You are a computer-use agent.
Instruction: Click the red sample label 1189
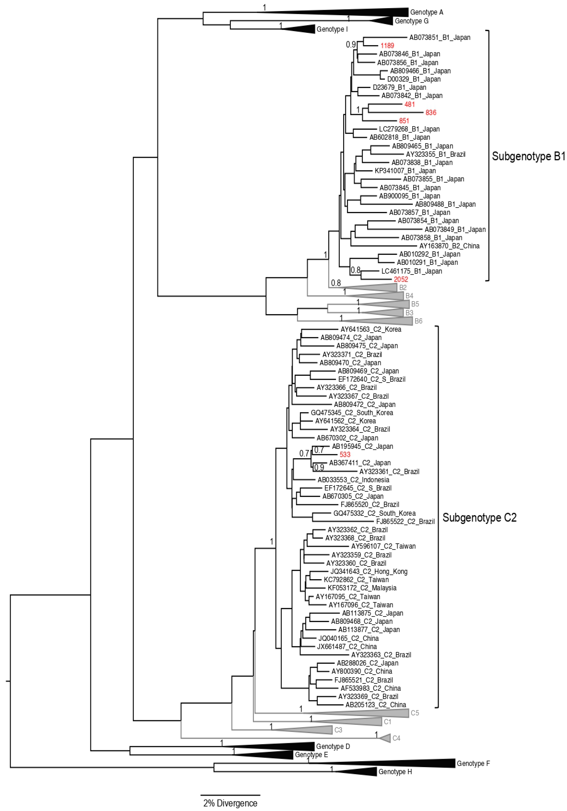(387, 46)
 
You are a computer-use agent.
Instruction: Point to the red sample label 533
(345, 455)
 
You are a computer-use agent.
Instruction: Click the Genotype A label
(426, 12)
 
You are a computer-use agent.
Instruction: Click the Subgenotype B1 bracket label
(528, 156)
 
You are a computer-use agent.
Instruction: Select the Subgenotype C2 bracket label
(479, 518)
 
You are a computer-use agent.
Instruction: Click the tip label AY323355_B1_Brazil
(436, 154)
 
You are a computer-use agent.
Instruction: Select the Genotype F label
(473, 764)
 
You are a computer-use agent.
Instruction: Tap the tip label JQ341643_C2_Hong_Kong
(369, 572)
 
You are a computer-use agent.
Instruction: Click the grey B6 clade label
(418, 321)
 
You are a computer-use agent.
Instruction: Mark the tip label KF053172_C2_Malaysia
(362, 588)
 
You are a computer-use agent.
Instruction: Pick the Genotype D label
(333, 746)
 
